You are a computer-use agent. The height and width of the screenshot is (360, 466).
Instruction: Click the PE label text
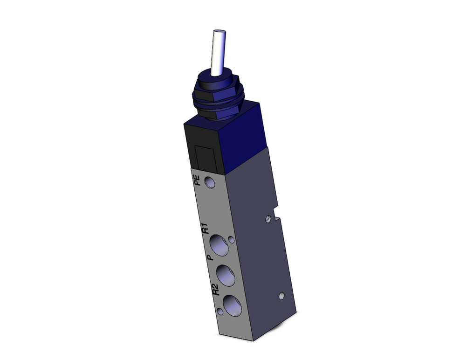pos(197,180)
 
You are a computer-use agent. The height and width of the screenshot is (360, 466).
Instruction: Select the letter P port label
pos(210,256)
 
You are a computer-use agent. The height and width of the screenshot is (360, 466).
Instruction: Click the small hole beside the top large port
pos(232,240)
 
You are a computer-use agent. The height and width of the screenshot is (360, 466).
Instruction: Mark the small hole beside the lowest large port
pos(219,311)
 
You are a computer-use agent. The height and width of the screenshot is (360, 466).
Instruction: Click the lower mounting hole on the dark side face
pos(281,296)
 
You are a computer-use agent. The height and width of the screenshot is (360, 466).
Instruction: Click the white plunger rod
pos(218,54)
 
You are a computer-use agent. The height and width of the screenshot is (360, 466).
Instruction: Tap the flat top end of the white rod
pos(219,32)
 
